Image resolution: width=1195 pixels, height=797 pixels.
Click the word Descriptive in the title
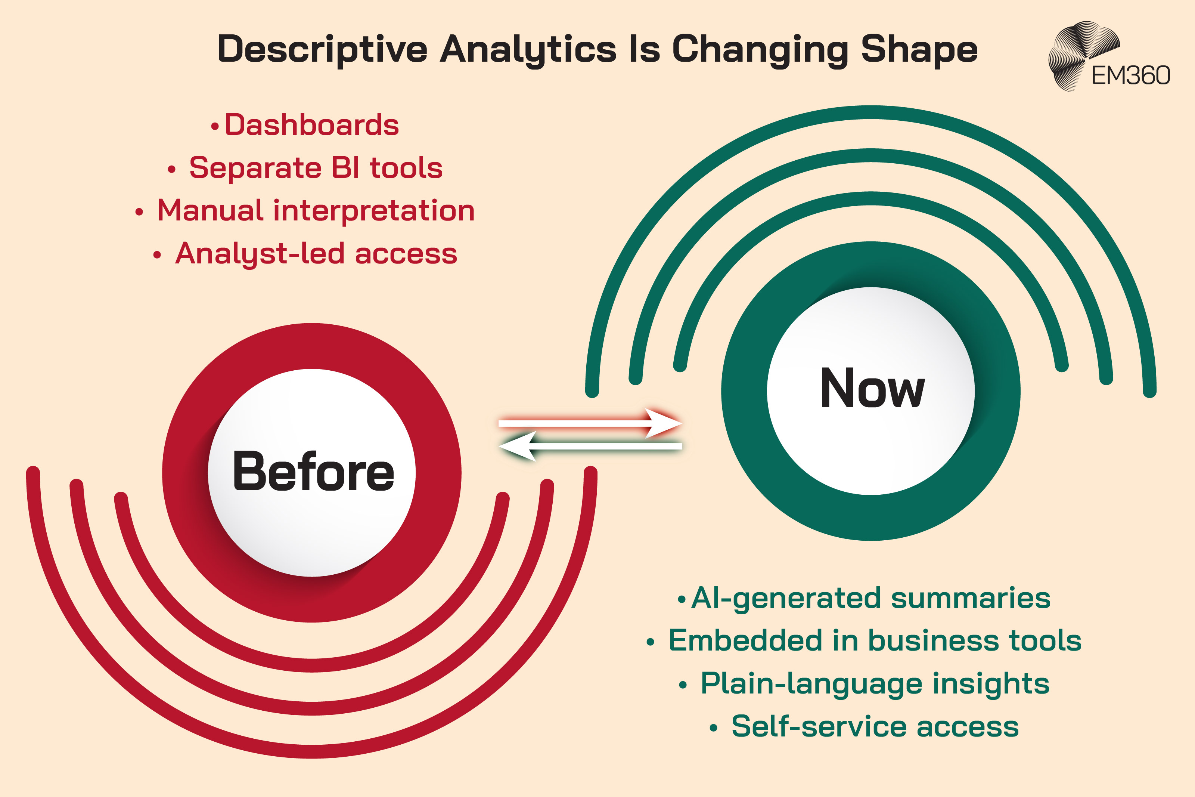tap(322, 50)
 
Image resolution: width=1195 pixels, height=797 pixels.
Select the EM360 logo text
tap(1130, 76)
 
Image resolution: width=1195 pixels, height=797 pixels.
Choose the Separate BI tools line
tap(316, 168)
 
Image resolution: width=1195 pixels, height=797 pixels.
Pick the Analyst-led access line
tap(316, 254)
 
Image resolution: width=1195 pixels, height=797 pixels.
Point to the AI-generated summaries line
tap(870, 598)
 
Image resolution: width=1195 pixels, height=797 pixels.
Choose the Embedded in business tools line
tap(875, 640)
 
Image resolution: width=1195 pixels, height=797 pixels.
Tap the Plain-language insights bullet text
tap(875, 684)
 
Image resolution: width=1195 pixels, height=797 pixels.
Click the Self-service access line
tap(875, 726)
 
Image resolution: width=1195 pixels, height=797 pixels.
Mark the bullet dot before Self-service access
tap(714, 728)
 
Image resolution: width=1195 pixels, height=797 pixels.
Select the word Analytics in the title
tap(528, 50)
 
